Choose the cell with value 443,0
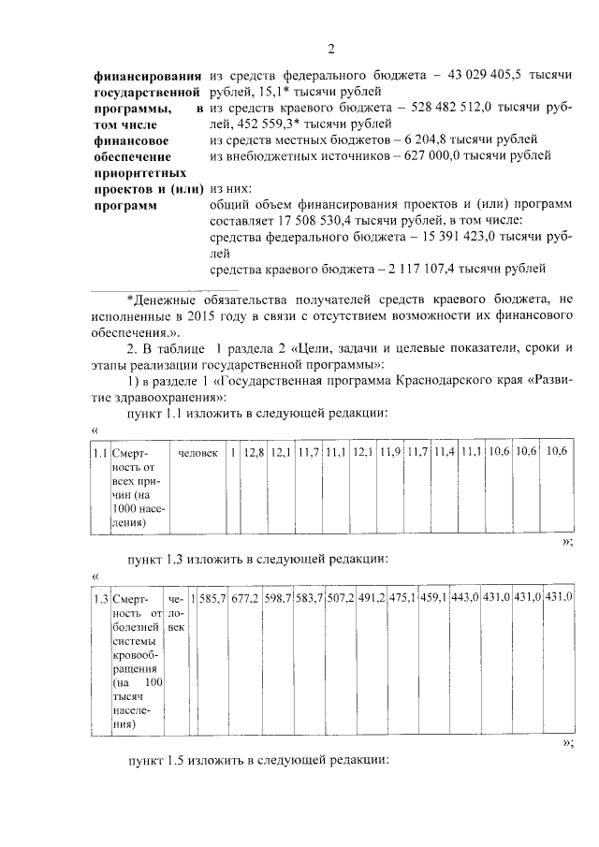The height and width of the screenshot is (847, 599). (464, 597)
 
